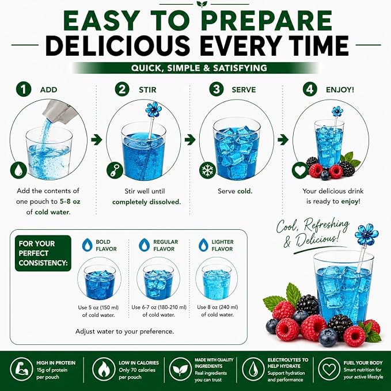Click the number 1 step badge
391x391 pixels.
pos(24,89)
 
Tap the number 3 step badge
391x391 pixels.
pos(217,89)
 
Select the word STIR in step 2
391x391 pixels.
pos(147,89)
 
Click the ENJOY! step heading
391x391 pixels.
pos(340,89)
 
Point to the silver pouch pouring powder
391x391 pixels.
pos(58,111)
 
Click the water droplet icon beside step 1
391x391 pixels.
pos(18,170)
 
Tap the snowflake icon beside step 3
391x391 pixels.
pos(207,170)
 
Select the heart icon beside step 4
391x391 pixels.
pos(300,170)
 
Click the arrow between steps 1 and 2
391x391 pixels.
pos(97,139)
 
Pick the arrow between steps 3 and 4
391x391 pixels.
pos(283,139)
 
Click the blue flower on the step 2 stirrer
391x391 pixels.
pos(154,109)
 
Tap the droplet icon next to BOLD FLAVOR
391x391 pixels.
pos(88,245)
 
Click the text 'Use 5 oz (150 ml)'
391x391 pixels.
pos(98,308)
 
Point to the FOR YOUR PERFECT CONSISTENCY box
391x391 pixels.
pos(43,253)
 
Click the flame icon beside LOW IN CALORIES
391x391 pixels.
pos(104,369)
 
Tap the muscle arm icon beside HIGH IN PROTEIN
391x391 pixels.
pos(21,369)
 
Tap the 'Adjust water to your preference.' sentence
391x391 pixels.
pos(125,332)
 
